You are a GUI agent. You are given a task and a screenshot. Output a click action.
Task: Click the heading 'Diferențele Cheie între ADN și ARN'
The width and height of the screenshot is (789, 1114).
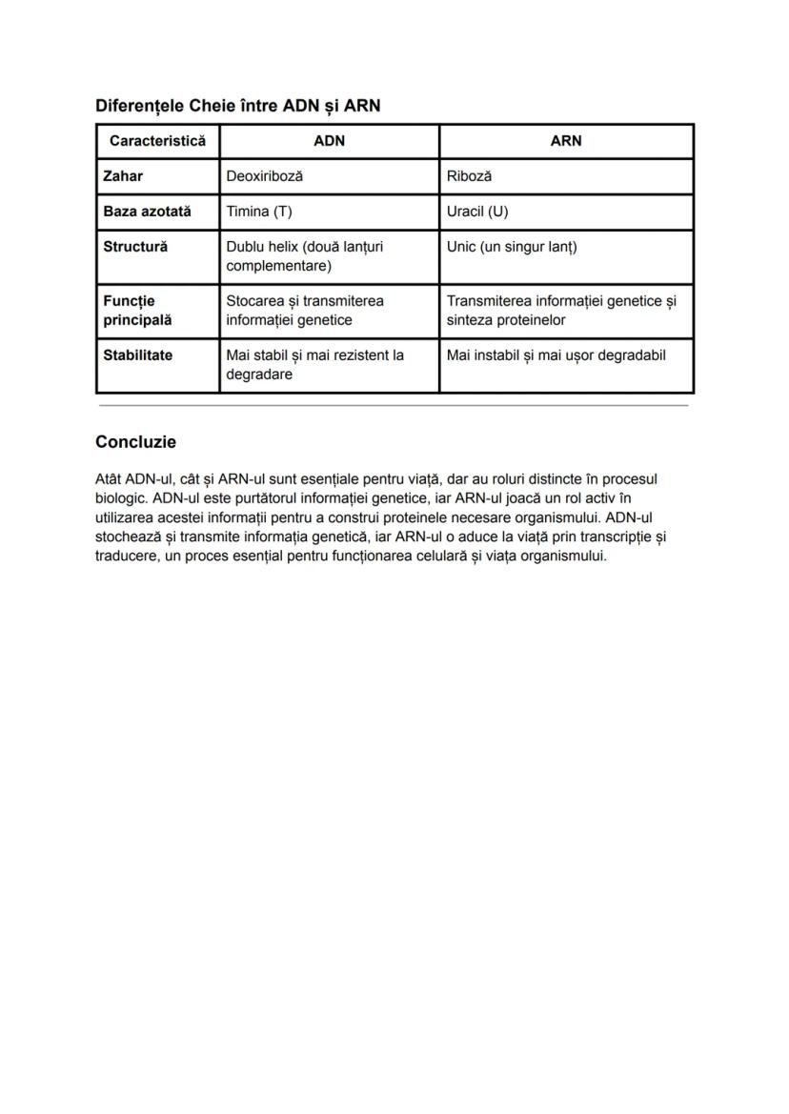click(237, 106)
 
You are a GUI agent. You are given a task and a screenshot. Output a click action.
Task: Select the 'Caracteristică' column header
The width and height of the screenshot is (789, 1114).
click(157, 141)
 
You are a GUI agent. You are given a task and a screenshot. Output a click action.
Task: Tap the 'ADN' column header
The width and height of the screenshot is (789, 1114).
click(329, 141)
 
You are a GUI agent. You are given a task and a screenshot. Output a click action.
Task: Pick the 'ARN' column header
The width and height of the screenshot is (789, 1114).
click(565, 141)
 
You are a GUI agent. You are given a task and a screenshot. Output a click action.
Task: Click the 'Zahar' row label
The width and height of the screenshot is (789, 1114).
click(123, 176)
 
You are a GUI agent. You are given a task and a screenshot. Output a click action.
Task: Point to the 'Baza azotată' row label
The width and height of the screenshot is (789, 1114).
click(147, 212)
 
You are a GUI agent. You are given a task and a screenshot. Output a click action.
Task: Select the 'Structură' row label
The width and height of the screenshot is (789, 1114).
click(135, 247)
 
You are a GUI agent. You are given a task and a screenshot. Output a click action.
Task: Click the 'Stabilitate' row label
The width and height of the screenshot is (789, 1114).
click(138, 355)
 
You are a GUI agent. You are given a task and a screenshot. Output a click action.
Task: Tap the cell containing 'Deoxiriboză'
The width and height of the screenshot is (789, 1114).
click(265, 176)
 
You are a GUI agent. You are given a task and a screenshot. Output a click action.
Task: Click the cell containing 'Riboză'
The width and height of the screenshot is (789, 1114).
click(469, 176)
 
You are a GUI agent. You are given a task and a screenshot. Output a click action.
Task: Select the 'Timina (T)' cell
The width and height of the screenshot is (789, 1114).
click(259, 212)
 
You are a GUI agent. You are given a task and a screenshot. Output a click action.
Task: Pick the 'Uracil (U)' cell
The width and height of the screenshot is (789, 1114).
click(477, 212)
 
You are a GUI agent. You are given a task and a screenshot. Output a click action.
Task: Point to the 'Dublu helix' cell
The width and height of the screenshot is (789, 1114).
click(304, 256)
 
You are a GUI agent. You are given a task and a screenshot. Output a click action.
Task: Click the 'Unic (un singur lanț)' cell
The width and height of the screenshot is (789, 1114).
click(512, 247)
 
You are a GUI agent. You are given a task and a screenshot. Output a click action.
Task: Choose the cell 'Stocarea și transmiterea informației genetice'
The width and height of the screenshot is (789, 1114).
click(305, 311)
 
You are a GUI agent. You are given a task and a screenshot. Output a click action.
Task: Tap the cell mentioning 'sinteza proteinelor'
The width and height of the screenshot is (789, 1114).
click(561, 311)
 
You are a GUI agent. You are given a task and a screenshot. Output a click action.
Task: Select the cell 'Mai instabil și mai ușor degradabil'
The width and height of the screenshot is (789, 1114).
click(556, 355)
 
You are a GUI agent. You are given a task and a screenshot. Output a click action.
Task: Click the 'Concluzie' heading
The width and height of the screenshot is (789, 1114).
click(135, 442)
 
